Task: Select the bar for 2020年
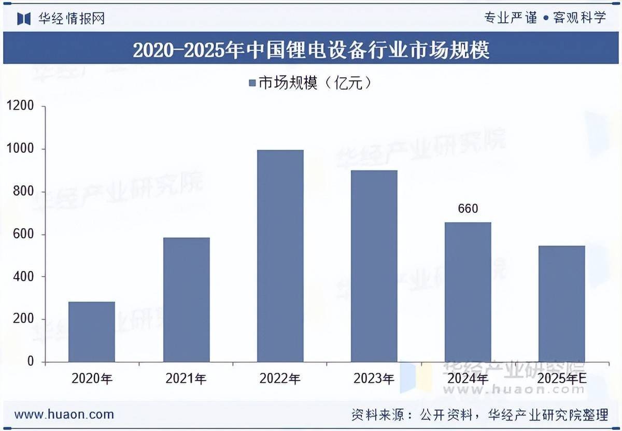(x=92, y=332)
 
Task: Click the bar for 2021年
(x=186, y=299)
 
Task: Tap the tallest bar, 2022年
(x=280, y=256)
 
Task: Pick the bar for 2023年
(x=374, y=266)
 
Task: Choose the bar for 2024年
(x=468, y=292)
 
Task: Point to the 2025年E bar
(x=562, y=304)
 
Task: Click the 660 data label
(x=468, y=209)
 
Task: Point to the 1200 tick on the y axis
(x=20, y=107)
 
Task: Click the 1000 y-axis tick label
(x=20, y=149)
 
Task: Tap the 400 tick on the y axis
(x=23, y=277)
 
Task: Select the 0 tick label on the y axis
(x=30, y=362)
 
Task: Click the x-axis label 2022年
(x=280, y=379)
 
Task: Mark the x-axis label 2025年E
(x=562, y=379)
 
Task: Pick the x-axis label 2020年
(x=92, y=379)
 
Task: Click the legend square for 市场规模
(x=252, y=83)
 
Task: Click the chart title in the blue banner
(x=311, y=50)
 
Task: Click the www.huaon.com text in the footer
(x=64, y=414)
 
